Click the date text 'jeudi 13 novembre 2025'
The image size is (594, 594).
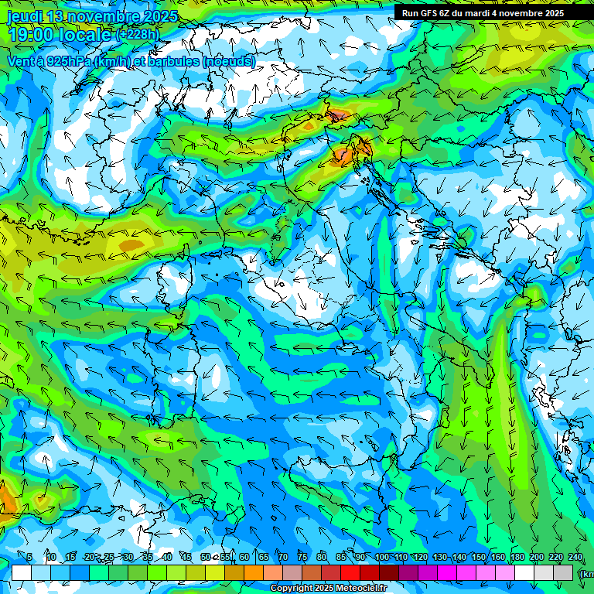[92, 16]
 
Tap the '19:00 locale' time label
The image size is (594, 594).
[59, 35]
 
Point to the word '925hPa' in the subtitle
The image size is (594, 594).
[76, 61]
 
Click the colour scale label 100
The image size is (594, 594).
[381, 558]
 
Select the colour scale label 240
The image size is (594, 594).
[575, 558]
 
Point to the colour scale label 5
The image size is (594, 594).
[29, 558]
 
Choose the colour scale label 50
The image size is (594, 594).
[206, 558]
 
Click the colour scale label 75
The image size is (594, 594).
[302, 558]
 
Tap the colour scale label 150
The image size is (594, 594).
[478, 558]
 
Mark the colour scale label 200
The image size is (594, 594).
[536, 558]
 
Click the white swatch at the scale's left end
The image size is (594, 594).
[22, 572]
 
